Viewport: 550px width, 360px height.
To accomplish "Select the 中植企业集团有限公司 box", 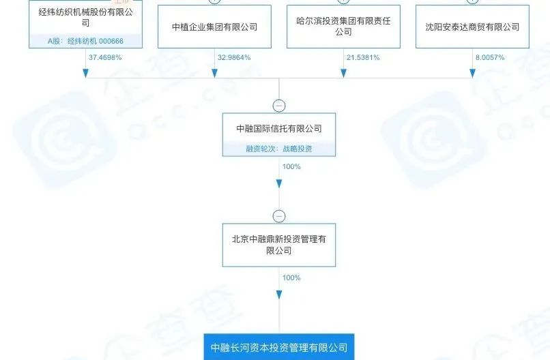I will coord(214,27).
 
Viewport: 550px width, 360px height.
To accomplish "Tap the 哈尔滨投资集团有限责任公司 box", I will coord(343,27).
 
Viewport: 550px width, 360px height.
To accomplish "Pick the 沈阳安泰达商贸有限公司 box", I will coord(472,27).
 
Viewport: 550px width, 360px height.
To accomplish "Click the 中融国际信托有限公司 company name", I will coord(278,128).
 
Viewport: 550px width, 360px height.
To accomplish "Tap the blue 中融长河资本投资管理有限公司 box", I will coord(278,348).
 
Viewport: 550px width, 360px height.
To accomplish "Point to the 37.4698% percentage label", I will coord(105,57).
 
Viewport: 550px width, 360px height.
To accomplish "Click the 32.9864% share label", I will coord(233,57).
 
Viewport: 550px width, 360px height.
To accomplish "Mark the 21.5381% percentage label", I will coord(362,57).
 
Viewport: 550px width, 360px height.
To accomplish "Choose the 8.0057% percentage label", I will coord(489,57).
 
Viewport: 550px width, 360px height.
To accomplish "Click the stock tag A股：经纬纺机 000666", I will coord(85,41).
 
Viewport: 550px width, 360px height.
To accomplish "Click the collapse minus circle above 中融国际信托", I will coord(278,106).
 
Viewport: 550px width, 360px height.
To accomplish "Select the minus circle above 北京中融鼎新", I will coord(278,217).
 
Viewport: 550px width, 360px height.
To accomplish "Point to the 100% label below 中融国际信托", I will coord(291,166).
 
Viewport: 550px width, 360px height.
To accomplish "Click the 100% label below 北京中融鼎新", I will coord(291,277).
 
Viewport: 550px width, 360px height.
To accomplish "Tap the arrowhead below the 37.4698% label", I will coord(85,73).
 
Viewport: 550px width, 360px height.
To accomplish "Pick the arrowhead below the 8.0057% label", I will coord(472,73).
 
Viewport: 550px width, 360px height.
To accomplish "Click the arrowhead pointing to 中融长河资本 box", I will coord(278,295).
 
